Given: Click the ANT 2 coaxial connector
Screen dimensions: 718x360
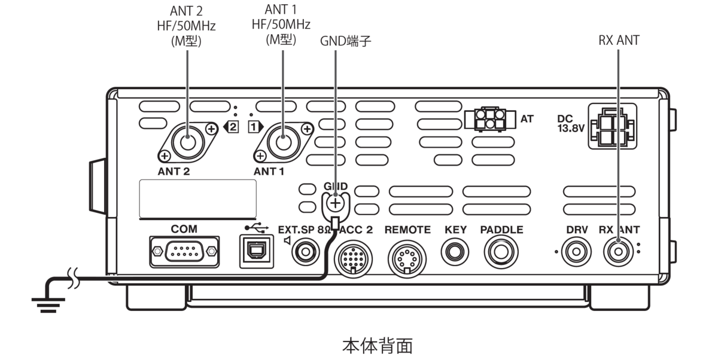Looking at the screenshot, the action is (x=188, y=142).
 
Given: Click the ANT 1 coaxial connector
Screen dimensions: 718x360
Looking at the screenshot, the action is (x=284, y=142).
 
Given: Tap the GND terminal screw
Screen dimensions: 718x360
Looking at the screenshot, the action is (x=335, y=203).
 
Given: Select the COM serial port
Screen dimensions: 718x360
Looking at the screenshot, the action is (x=184, y=252).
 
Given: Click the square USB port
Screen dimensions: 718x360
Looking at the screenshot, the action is (x=257, y=251).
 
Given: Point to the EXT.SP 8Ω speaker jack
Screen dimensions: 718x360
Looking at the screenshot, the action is (x=306, y=252).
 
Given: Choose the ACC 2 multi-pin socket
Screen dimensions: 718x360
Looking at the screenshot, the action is (x=353, y=258).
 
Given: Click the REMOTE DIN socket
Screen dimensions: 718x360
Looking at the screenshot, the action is (x=407, y=258).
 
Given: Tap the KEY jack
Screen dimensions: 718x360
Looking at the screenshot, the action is (x=455, y=252).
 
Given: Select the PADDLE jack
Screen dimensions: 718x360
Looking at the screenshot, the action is (x=501, y=252).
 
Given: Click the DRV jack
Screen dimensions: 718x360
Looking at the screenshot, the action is (x=576, y=252).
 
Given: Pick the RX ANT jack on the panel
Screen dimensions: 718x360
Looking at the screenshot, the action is (x=618, y=252).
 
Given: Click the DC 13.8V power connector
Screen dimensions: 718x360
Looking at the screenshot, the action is (x=613, y=126).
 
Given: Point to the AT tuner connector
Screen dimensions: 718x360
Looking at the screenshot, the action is (x=490, y=119).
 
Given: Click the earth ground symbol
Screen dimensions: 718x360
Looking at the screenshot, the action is (x=48, y=305).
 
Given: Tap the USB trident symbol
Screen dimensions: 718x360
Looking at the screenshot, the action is (x=257, y=228).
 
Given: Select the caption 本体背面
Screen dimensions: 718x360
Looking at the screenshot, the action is (x=378, y=346).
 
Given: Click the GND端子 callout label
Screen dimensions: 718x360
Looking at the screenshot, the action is (x=346, y=41).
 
